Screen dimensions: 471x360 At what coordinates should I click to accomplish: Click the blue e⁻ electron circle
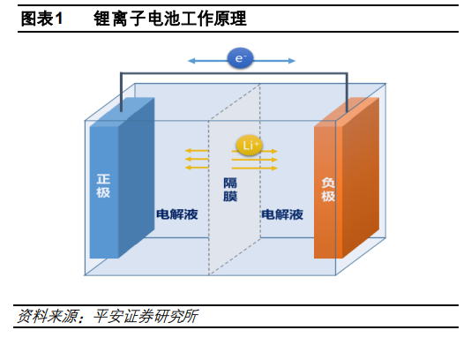240,58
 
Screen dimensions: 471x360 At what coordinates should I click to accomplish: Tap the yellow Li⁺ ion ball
249,146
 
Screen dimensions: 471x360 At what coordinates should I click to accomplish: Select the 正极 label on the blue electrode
103,186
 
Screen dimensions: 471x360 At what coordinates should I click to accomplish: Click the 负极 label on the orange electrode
328,190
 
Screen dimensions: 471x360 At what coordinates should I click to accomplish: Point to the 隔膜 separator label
230,190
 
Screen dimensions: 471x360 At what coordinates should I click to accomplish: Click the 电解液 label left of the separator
177,214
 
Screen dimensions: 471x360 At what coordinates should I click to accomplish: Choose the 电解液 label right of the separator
282,214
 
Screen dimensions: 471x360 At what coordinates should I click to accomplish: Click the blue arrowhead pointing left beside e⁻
191,61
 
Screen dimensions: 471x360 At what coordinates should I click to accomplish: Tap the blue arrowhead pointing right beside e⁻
292,61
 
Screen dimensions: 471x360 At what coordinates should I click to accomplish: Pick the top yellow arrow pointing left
197,151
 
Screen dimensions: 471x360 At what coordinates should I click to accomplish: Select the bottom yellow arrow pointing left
197,168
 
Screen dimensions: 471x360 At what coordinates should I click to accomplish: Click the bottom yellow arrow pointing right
255,168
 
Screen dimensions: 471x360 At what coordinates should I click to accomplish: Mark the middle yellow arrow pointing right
255,160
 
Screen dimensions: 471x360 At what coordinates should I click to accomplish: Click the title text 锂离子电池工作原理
170,19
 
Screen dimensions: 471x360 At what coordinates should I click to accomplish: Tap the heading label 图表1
41,19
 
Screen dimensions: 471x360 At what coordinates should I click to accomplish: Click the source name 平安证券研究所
146,316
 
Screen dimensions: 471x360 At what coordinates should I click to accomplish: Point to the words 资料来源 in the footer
47,316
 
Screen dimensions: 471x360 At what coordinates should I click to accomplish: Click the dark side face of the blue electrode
137,177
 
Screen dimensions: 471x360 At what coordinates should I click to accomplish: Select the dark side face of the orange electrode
361,177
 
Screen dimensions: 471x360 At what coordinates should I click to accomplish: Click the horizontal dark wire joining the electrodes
234,73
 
